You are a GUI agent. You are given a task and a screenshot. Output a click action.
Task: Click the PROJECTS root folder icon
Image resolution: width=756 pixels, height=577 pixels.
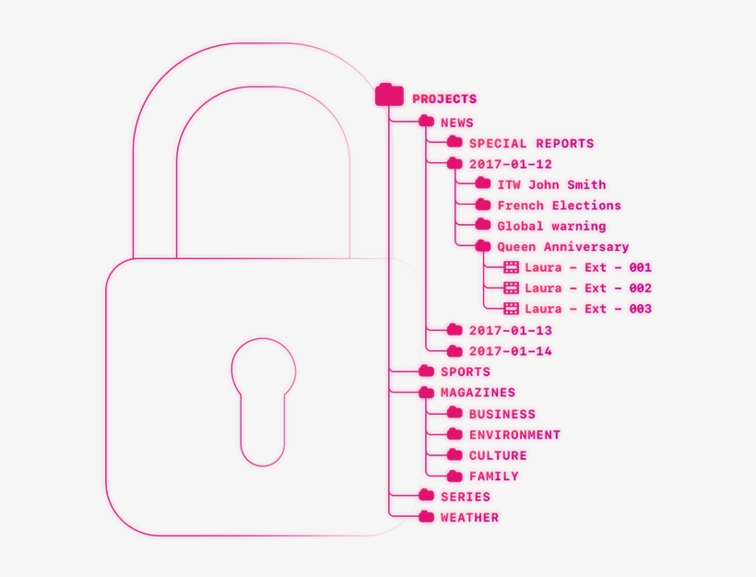(390, 95)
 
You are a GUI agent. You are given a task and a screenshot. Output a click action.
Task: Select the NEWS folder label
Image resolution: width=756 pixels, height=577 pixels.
(456, 123)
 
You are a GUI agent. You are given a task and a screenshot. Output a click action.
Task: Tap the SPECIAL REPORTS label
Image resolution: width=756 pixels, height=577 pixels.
(531, 144)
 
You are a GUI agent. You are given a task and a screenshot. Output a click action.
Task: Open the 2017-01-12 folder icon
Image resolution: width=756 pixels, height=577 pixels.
(455, 163)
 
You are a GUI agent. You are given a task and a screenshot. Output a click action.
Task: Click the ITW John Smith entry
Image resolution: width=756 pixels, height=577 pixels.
(551, 185)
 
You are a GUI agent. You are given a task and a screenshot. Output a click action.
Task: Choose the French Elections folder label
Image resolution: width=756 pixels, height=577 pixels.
(559, 206)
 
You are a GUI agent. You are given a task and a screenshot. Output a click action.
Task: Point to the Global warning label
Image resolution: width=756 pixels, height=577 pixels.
(551, 226)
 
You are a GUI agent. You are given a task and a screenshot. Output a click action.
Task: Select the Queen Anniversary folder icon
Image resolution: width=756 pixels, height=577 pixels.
(483, 246)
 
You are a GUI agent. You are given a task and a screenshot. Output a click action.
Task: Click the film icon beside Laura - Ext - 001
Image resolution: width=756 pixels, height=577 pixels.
(511, 267)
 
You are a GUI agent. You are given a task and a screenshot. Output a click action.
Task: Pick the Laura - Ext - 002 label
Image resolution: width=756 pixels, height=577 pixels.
(588, 288)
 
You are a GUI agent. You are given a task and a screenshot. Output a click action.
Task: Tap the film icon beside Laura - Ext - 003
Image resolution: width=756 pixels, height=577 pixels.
(511, 309)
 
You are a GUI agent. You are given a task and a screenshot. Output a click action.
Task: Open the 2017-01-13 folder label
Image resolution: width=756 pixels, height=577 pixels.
(510, 330)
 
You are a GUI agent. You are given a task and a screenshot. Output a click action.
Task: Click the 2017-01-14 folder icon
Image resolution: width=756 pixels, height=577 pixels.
(455, 350)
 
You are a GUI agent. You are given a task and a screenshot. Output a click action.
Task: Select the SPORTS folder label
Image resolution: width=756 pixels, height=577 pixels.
(465, 372)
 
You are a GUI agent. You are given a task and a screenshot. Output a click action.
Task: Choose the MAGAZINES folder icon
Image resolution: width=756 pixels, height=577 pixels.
(426, 393)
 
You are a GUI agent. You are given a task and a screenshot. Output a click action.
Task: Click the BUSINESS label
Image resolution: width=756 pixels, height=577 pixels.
(502, 415)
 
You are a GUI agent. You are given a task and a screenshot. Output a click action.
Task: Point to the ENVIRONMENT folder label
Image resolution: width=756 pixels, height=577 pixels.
(514, 435)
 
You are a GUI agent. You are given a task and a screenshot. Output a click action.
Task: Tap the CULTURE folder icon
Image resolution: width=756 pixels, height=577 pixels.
(455, 455)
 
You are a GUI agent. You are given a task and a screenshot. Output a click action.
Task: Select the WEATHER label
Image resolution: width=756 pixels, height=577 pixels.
(469, 518)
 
